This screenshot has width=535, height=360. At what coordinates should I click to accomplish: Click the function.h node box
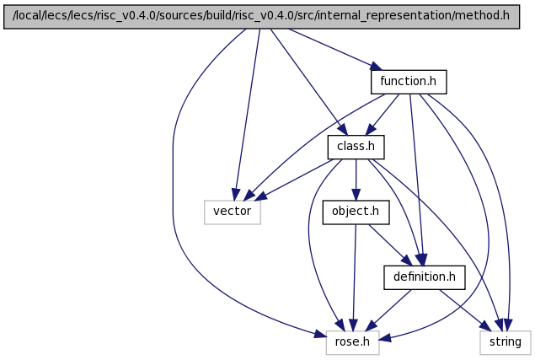point(409,82)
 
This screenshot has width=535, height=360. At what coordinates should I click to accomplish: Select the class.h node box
point(356,148)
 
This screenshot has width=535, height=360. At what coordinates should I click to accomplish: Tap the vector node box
point(233,212)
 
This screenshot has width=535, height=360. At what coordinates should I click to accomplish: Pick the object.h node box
point(356,212)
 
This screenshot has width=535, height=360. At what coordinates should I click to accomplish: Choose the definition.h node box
point(425,277)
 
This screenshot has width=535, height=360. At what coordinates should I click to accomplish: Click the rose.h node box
point(352,342)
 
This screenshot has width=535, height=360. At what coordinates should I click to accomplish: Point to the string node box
point(506,342)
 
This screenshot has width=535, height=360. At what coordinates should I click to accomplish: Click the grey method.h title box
point(261,17)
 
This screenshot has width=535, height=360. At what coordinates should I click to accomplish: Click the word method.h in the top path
point(482,16)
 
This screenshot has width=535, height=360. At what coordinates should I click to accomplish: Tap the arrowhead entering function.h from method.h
point(377,67)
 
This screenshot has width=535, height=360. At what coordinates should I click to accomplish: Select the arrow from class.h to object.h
point(356,180)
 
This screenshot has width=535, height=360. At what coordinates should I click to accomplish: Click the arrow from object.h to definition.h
point(390,244)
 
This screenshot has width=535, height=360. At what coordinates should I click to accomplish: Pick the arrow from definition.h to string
point(466,310)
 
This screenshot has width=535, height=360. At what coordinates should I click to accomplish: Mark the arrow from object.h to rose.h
point(354,277)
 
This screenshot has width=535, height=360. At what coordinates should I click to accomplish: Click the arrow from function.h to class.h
point(383,115)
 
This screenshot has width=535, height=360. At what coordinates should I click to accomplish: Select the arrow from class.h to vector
point(294,180)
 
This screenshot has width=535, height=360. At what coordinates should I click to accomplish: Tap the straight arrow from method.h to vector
point(247,115)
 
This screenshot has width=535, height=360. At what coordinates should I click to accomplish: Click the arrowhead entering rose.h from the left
point(320,335)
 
